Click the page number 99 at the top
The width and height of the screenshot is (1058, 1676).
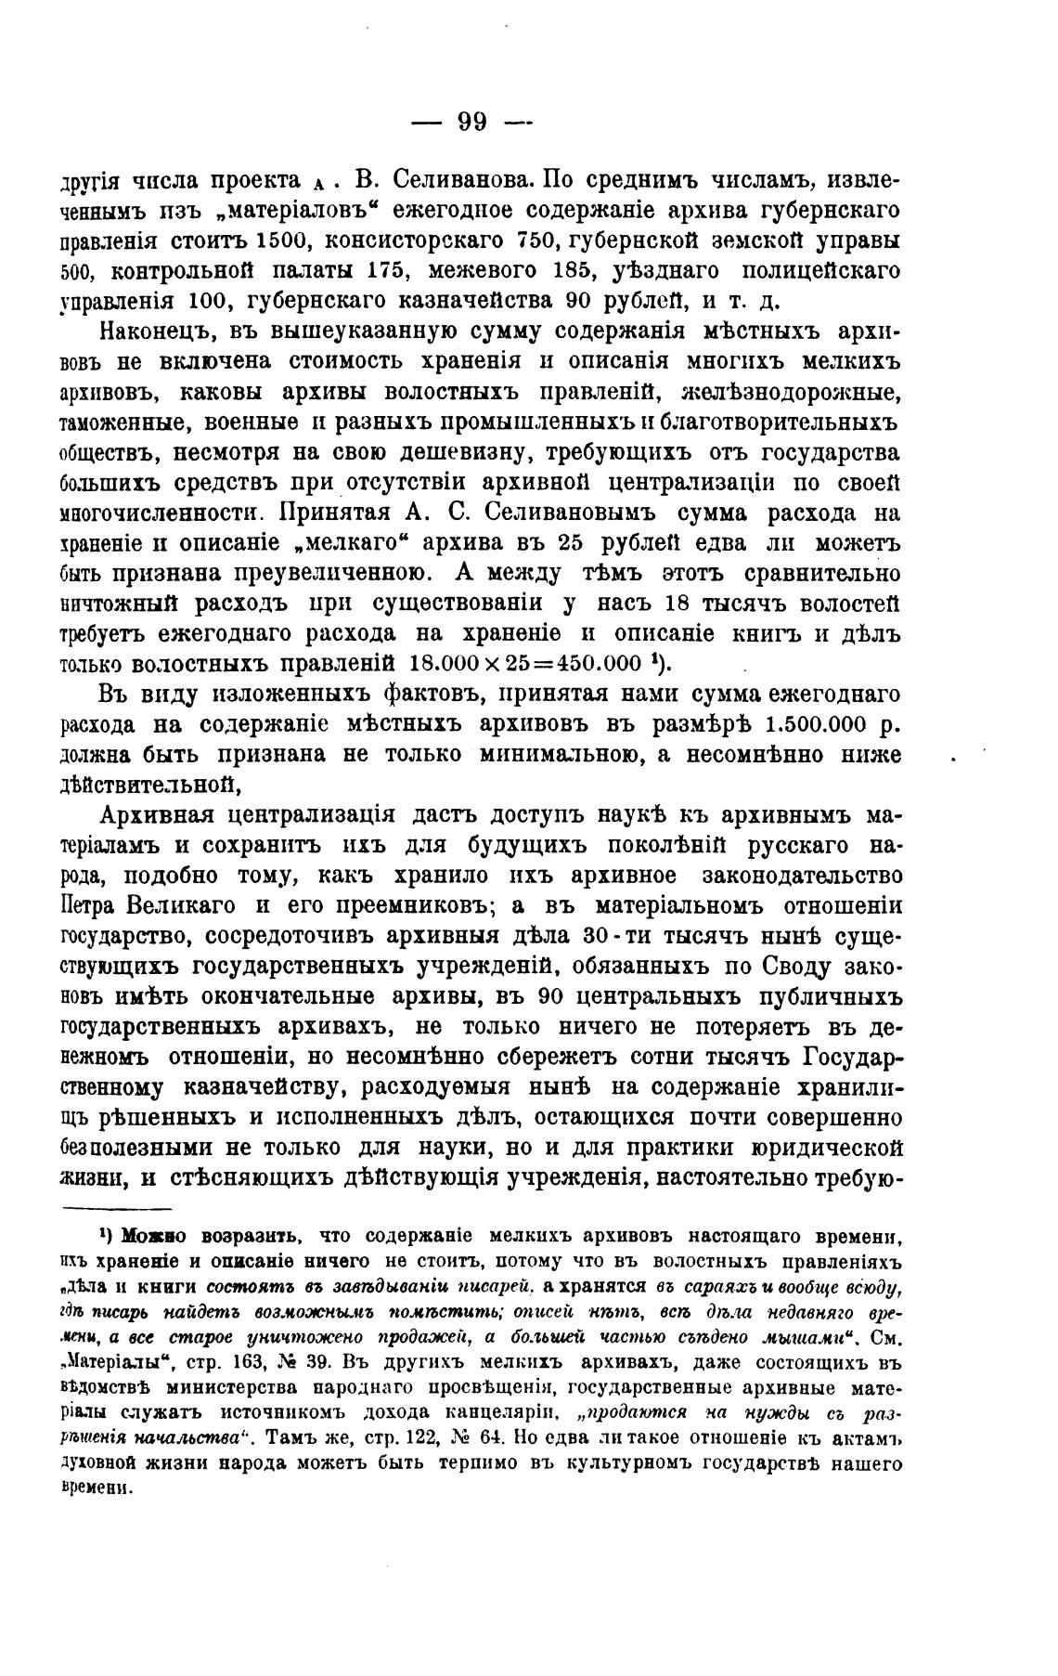tap(473, 123)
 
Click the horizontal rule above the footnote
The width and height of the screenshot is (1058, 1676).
tap(117, 1209)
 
